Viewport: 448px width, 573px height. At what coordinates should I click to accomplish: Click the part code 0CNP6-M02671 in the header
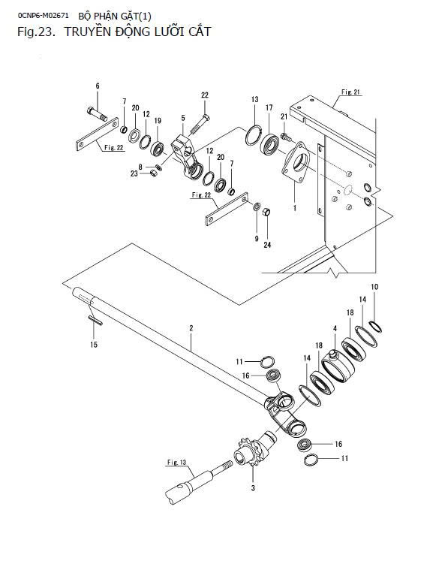(43, 15)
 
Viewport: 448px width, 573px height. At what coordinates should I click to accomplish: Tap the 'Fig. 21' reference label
(350, 92)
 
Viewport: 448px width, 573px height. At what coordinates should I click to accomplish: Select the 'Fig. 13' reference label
(176, 463)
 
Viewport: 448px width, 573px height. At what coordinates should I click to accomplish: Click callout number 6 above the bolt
(98, 86)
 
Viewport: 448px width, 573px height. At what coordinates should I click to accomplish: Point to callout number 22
(205, 95)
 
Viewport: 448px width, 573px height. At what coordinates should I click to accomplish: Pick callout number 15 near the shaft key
(94, 344)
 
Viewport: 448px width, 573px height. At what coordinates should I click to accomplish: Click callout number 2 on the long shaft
(191, 327)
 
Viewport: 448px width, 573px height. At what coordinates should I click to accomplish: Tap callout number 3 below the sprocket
(253, 488)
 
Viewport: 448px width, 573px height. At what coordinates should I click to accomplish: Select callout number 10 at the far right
(374, 287)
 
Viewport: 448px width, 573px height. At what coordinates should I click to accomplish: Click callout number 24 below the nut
(267, 245)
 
